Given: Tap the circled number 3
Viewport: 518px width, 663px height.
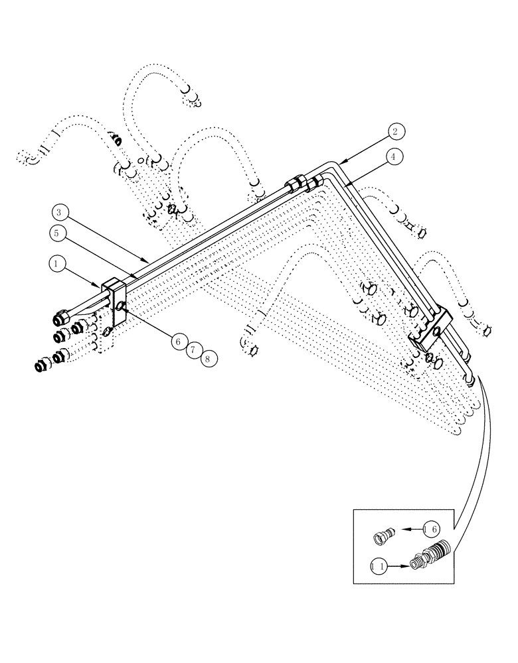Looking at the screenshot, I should coord(60,213).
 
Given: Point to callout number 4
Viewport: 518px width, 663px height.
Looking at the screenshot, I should coord(394,157).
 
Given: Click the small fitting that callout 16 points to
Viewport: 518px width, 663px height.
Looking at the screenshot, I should coord(384,535).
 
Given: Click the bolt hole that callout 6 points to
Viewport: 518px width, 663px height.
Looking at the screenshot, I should coord(122,306).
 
